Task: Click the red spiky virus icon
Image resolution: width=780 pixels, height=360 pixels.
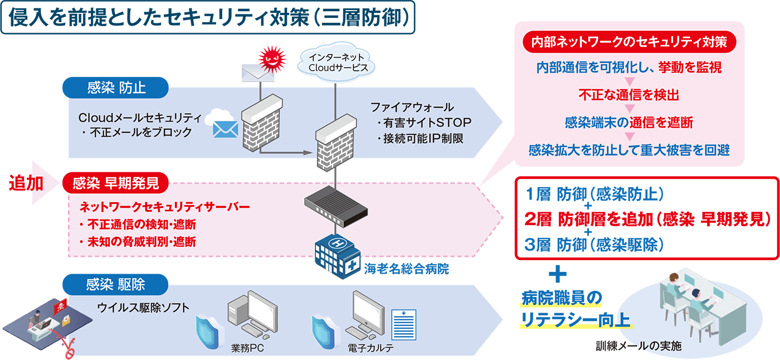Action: (272, 60)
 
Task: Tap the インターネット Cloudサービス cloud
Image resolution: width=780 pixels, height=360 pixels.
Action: (337, 62)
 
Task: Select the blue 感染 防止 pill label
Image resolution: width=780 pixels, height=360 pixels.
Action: (116, 87)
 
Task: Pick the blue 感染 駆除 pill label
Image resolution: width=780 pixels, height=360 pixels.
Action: (116, 284)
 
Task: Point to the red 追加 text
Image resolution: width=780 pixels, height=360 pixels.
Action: (26, 183)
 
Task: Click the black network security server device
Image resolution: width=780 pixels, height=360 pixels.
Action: (336, 207)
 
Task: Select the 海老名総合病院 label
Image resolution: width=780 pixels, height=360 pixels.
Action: (406, 269)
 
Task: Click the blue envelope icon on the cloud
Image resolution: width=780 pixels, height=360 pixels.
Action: (226, 129)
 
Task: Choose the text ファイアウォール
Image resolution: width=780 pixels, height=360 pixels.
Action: (412, 107)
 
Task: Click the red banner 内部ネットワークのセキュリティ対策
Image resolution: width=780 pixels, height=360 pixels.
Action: (629, 42)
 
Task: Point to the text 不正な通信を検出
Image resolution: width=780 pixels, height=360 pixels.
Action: (629, 95)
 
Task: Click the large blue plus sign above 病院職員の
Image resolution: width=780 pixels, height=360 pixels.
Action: (558, 274)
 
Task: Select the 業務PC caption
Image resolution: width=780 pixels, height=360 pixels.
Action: (247, 348)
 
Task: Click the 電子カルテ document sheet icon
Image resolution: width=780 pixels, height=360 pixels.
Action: (403, 325)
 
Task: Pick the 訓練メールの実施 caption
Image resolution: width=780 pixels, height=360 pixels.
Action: (638, 346)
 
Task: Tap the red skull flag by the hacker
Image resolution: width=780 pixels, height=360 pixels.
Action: (60, 307)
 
